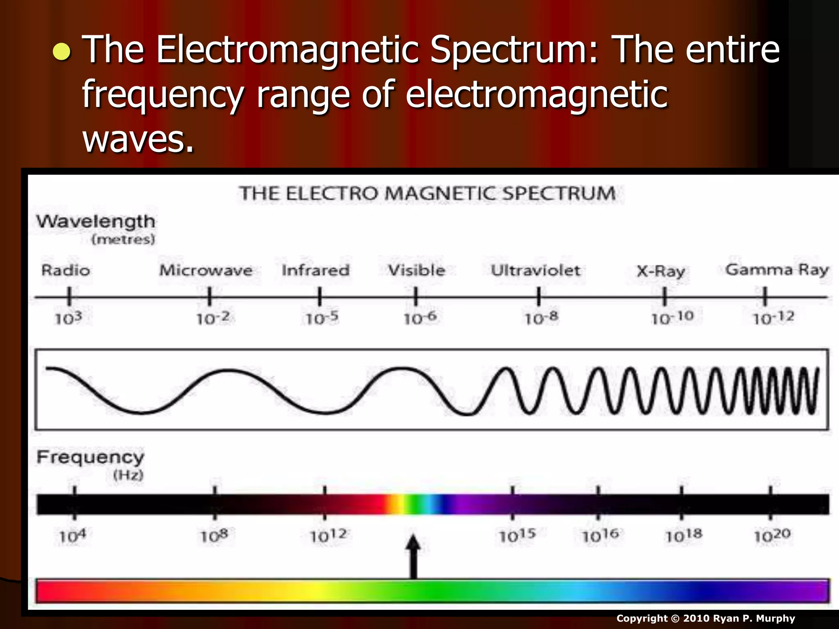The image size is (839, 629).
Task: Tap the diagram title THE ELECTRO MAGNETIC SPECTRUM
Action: (427, 193)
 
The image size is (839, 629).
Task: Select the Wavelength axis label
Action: (96, 222)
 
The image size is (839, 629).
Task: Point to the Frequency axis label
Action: (91, 457)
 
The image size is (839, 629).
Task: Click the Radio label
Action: (66, 270)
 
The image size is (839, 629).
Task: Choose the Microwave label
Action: (206, 270)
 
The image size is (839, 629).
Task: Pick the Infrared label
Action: (315, 270)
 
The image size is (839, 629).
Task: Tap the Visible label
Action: (416, 270)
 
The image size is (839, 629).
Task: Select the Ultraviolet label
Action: (535, 270)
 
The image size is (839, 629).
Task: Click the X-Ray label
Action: (660, 271)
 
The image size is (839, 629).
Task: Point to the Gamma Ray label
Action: (777, 270)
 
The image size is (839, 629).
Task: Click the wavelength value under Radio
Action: (68, 318)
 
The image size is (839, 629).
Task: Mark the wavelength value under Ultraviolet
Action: (541, 318)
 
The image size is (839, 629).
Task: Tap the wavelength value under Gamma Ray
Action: (773, 318)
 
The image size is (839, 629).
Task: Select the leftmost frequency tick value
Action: (73, 536)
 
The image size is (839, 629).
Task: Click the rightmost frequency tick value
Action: (772, 535)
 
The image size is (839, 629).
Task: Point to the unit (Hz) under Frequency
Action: (128, 475)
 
